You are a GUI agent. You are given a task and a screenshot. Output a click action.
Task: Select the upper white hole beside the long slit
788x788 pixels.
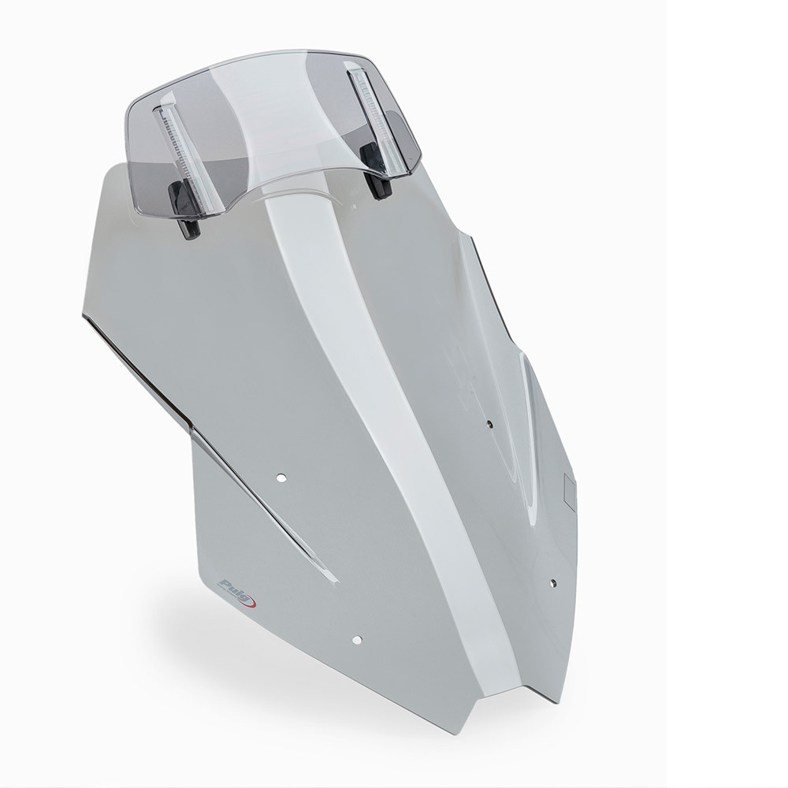(281, 477)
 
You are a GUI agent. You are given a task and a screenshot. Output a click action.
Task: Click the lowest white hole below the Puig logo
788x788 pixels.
(357, 640)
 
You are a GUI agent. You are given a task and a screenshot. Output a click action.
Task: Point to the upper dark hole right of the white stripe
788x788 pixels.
(490, 425)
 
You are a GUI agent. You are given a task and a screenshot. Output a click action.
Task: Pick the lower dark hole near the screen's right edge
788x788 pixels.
(553, 583)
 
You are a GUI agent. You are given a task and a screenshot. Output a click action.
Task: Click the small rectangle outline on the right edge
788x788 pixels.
(571, 489)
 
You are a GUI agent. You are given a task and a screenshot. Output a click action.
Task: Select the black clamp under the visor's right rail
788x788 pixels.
(379, 173)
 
